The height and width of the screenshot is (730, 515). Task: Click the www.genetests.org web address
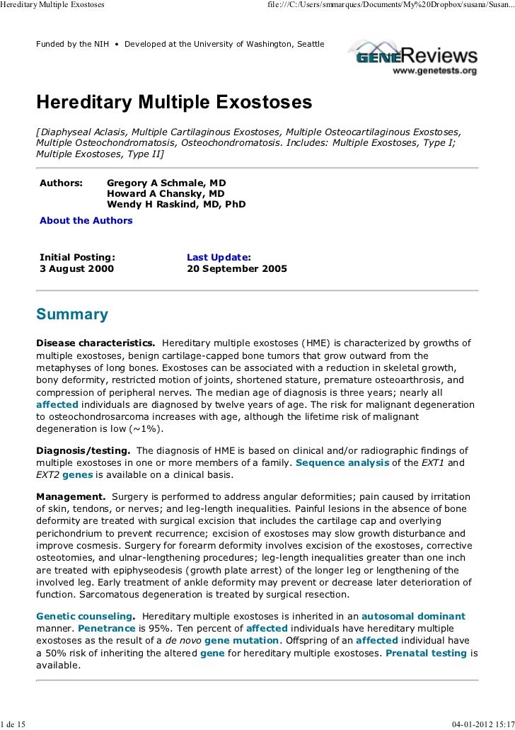click(x=434, y=71)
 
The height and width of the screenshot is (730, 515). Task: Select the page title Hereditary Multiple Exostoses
click(x=174, y=103)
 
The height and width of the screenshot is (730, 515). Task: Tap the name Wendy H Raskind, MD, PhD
click(x=176, y=205)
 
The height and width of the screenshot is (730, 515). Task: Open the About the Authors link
click(x=86, y=220)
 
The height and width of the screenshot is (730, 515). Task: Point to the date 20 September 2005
click(x=237, y=269)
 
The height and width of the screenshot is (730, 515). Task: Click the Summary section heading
click(x=72, y=314)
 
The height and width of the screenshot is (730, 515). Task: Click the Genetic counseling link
click(x=84, y=616)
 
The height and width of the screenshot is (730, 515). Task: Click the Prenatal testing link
click(x=426, y=652)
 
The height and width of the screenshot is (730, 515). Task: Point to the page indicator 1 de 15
click(x=13, y=724)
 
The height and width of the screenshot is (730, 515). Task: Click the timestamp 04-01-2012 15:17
click(x=482, y=724)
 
